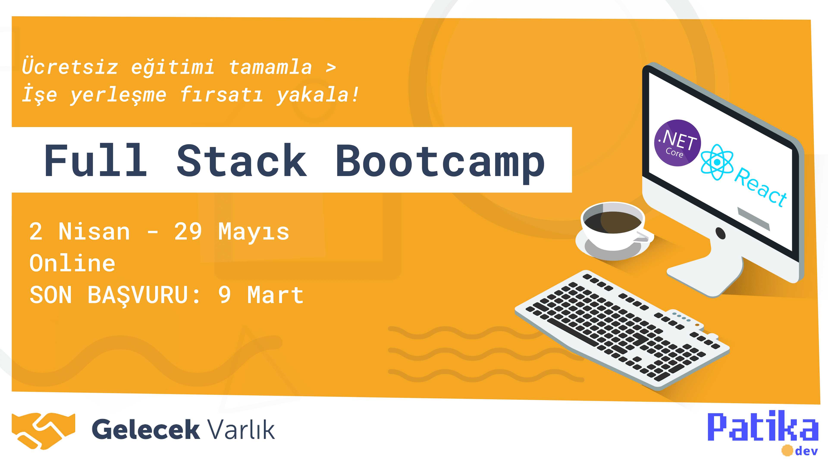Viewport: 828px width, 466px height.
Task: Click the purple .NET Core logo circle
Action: pos(677,143)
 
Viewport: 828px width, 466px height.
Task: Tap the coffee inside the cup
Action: pos(613,222)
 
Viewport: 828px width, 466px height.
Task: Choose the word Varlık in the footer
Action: pos(241,429)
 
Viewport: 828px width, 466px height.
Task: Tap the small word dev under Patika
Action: pos(806,451)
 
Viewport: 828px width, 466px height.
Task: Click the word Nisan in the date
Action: pos(94,231)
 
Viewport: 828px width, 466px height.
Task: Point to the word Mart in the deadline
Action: pos(276,295)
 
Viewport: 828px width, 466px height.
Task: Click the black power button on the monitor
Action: pos(720,233)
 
